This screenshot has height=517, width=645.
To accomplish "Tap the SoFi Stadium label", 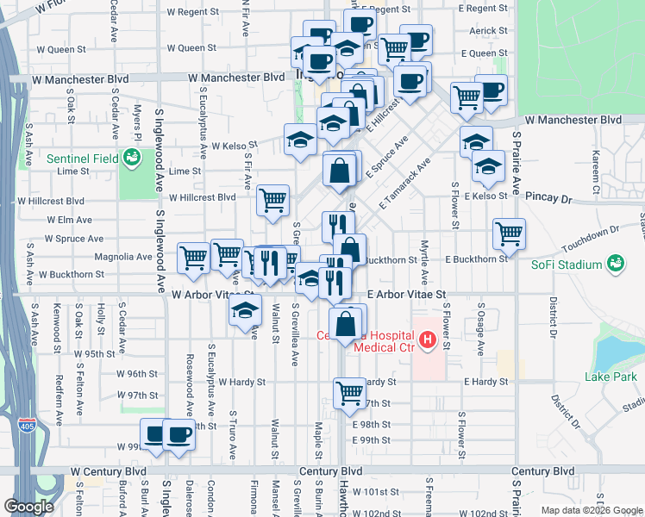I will point(566,265).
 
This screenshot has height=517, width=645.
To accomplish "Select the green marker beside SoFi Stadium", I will point(615,263).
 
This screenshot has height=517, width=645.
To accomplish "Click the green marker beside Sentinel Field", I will point(132,158).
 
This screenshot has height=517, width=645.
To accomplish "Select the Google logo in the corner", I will point(28,507).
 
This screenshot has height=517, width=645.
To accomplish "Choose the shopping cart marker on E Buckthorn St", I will point(509,233).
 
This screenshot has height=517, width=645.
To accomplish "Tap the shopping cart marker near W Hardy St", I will point(349,393).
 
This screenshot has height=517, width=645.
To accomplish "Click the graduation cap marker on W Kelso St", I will point(300,139).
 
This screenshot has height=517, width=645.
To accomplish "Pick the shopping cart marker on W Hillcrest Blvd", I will point(273,201).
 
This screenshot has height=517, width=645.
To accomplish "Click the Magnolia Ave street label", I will point(99,257).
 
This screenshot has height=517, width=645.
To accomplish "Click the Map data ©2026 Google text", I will point(591,510).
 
